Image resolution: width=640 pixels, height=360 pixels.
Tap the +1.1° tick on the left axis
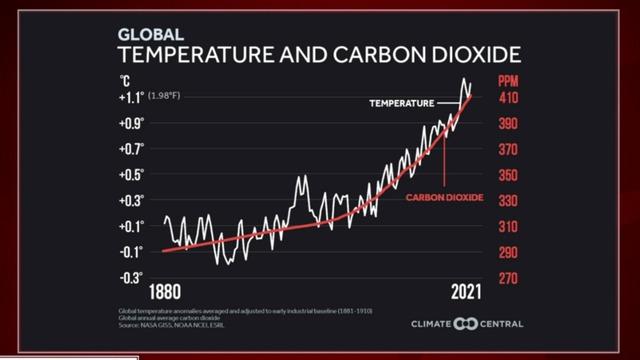[133, 98]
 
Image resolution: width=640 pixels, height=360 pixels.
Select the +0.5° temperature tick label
[133, 175]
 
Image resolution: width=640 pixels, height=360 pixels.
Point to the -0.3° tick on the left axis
[133, 277]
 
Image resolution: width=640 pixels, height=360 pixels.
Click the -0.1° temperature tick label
[133, 251]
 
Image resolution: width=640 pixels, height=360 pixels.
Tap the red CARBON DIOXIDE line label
[444, 198]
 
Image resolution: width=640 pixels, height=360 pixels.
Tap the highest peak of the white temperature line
[464, 79]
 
